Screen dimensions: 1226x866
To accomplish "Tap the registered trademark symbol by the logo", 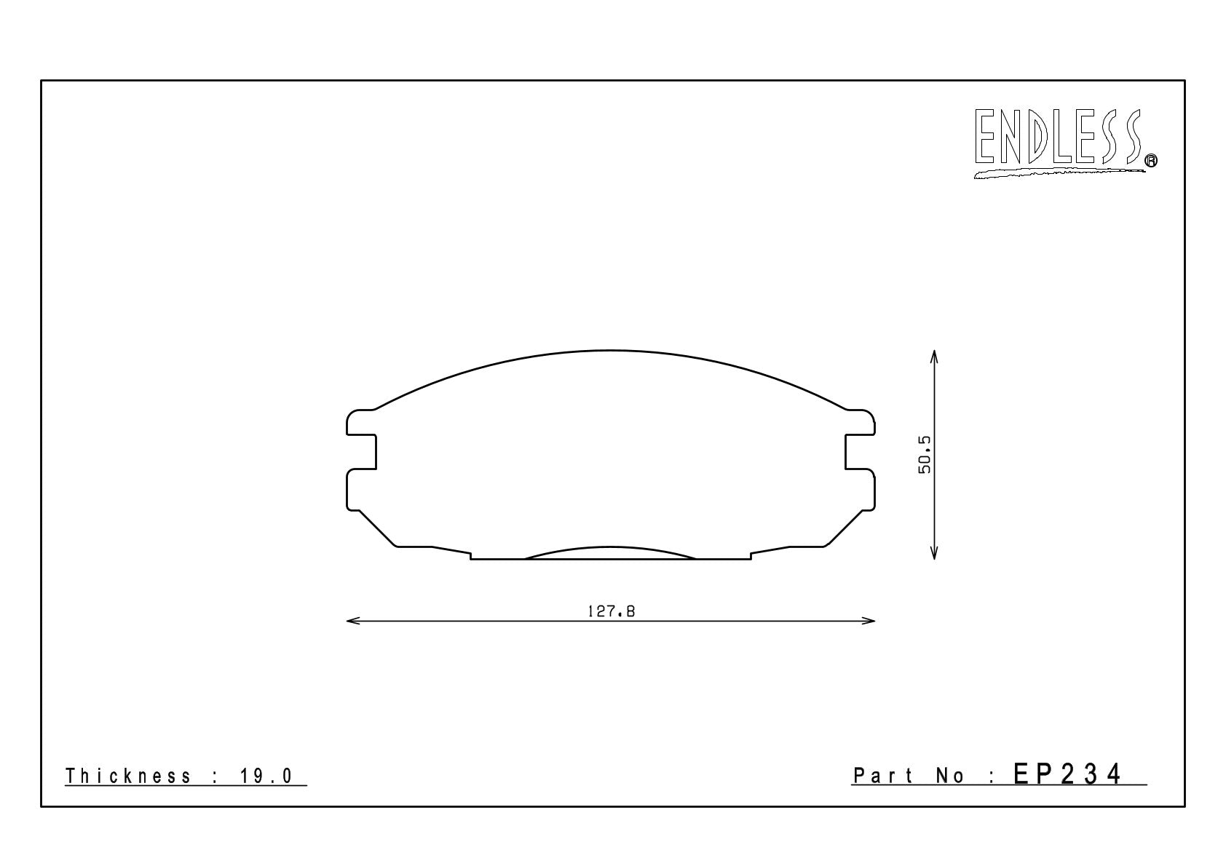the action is click(1151, 160).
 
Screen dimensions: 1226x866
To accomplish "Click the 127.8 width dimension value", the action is click(611, 611).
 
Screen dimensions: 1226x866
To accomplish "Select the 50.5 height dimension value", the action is click(925, 455).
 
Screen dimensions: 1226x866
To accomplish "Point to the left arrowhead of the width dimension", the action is click(353, 620).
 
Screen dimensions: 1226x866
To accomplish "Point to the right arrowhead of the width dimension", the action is click(869, 620).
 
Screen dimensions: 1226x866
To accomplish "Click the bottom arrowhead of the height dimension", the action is click(934, 553).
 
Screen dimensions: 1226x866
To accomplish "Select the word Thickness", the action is click(128, 776).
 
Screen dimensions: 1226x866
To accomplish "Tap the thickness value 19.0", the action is click(266, 776).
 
